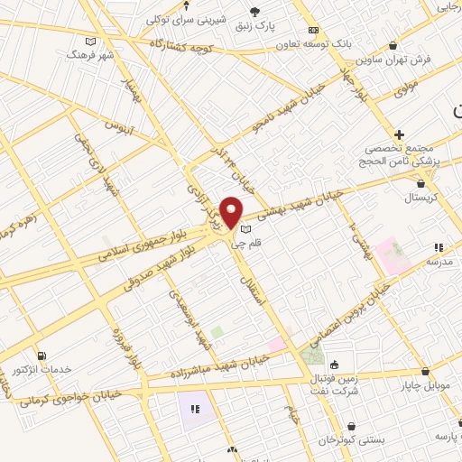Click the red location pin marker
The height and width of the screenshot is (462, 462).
[x=231, y=211]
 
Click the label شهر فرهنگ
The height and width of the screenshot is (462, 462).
[x=89, y=54]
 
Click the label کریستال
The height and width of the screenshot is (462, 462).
[x=420, y=197]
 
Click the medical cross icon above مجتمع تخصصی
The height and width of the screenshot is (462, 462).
[x=399, y=134]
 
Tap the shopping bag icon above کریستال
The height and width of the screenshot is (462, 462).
[x=420, y=184]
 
